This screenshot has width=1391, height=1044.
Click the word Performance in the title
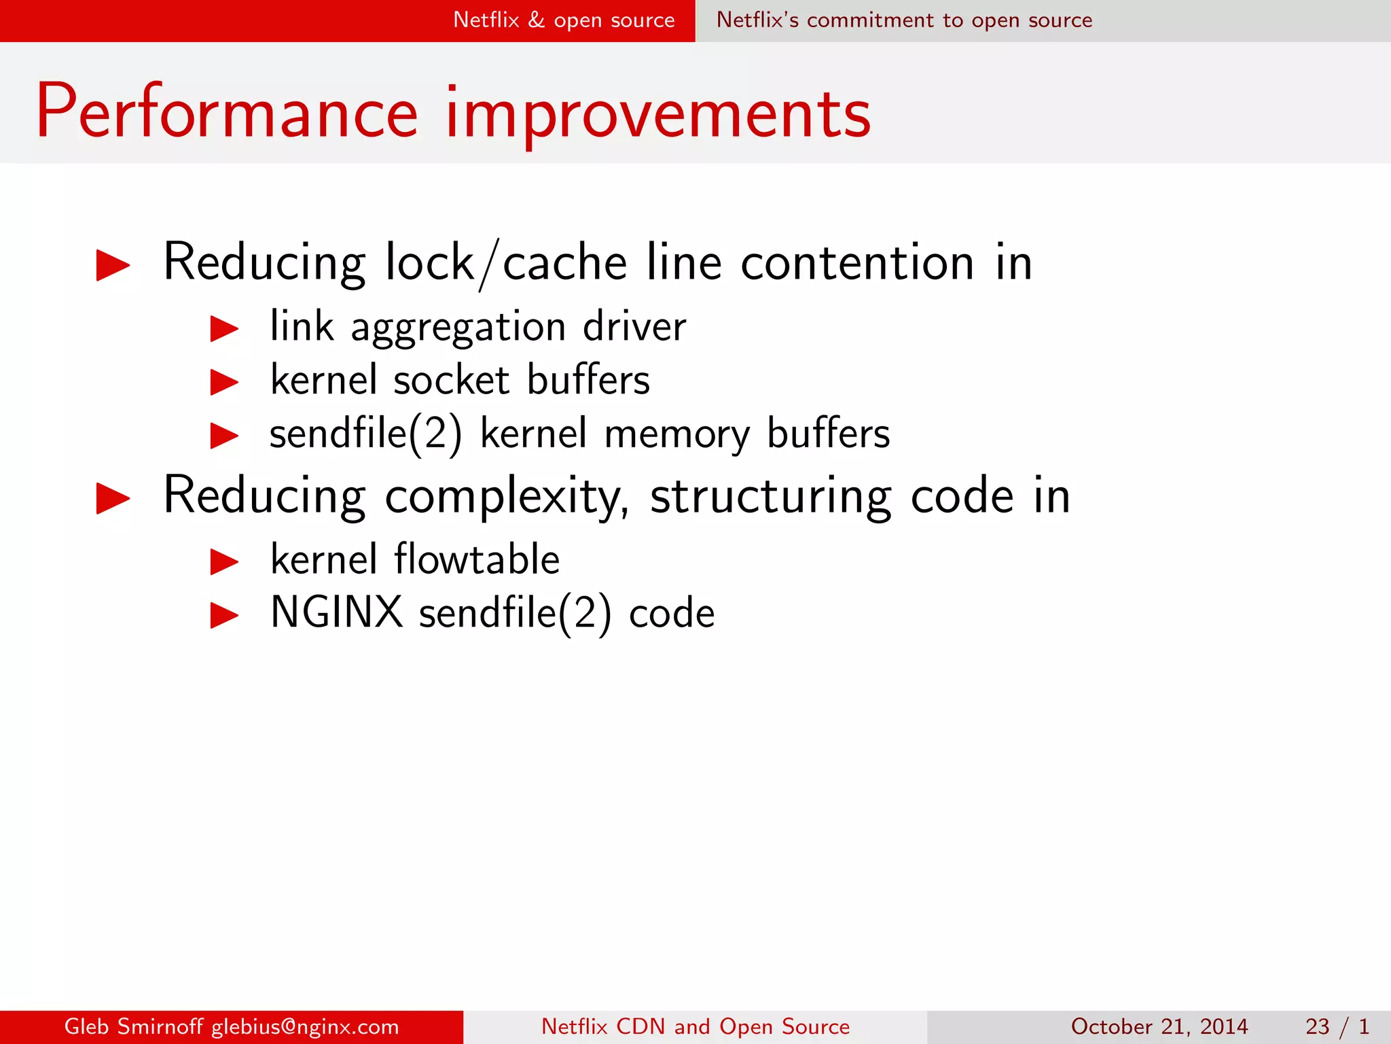point(227,112)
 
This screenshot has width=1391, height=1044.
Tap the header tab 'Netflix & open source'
point(564,20)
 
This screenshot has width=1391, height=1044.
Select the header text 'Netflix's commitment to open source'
point(904,20)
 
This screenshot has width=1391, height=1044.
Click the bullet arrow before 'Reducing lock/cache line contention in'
point(113,265)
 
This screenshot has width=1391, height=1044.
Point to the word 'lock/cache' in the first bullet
point(506,263)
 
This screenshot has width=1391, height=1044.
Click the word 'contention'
point(858,263)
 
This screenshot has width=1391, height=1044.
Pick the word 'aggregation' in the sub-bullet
point(458,328)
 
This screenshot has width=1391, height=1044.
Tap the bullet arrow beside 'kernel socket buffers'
point(224,382)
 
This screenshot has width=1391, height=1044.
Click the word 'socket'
point(451,380)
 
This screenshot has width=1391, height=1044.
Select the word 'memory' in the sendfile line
point(677,435)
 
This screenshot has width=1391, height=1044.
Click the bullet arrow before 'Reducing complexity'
point(113,498)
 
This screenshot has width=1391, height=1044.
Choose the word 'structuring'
point(771,497)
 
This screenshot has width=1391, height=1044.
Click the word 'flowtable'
point(477,559)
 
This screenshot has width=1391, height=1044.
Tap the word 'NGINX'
point(337,612)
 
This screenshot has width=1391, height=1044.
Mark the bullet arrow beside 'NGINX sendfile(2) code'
point(224,616)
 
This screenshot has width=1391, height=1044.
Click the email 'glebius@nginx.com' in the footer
point(305,1026)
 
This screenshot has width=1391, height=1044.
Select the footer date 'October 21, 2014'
point(1159,1026)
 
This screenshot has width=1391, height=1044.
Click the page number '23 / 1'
point(1337,1026)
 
